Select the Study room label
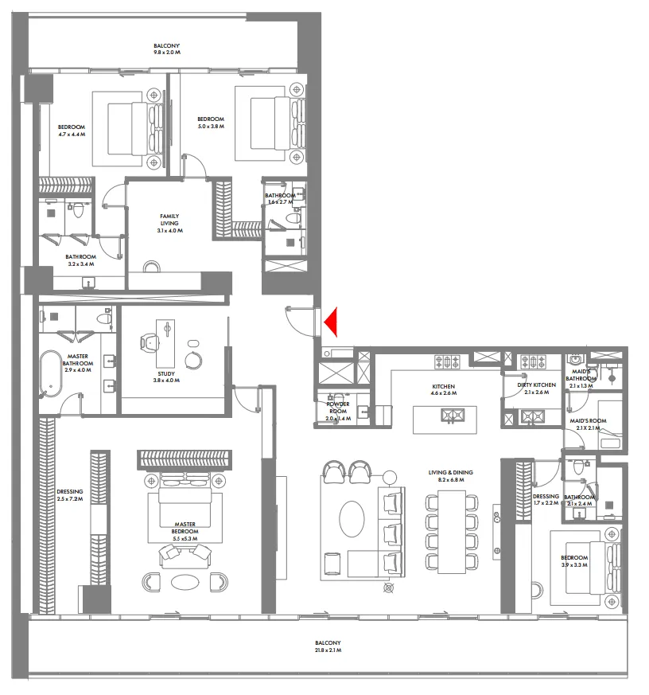[x=167, y=377]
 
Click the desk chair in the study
[x=149, y=342]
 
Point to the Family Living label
[x=169, y=223]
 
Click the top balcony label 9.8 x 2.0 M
[x=167, y=49]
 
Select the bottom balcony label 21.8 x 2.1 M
[x=327, y=646]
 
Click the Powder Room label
[x=338, y=411]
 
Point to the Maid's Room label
[x=589, y=424]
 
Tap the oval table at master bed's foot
[x=185, y=581]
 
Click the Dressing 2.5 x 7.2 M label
[x=70, y=496]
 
